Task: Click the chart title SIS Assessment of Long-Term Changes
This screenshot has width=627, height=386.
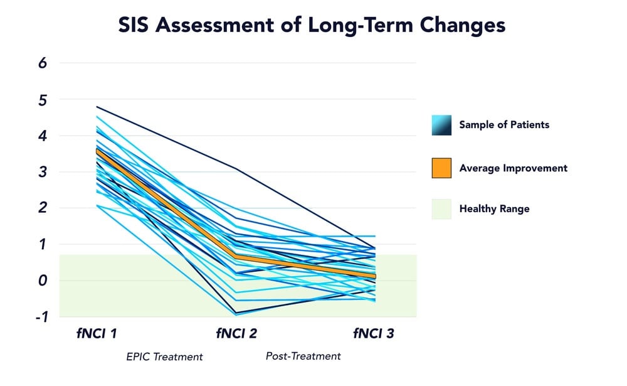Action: click(x=312, y=26)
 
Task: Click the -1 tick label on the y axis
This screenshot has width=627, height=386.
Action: click(x=41, y=317)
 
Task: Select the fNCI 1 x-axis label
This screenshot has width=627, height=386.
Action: click(x=96, y=333)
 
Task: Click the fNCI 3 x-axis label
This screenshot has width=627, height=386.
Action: click(x=374, y=333)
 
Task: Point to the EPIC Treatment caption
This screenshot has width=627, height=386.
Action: click(x=164, y=357)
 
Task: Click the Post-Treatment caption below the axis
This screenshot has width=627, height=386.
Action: click(x=303, y=356)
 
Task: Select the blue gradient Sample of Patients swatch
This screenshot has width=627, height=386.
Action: click(x=441, y=125)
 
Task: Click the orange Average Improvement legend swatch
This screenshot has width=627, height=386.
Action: click(x=441, y=168)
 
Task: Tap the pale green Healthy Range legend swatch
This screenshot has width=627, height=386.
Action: click(x=441, y=209)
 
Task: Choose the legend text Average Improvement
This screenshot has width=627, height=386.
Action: click(x=513, y=168)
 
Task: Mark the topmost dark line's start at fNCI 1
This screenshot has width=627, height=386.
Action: click(x=97, y=107)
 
